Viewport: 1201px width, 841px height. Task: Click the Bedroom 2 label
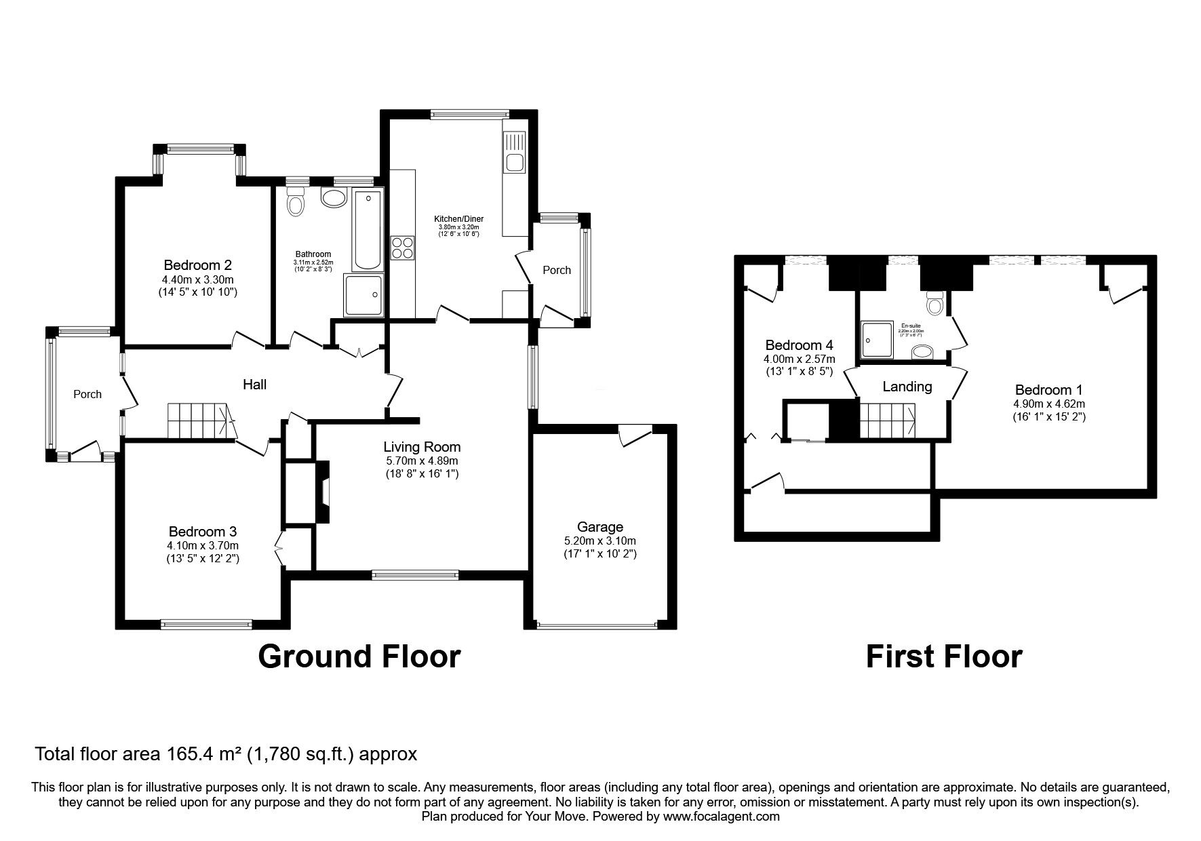[202, 265]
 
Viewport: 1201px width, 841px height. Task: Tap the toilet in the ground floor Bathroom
[295, 201]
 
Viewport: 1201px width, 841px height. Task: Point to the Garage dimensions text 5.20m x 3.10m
[599, 541]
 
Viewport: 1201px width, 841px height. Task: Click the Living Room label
[421, 447]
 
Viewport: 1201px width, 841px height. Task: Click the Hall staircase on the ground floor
[199, 420]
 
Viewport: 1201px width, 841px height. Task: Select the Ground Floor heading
[359, 657]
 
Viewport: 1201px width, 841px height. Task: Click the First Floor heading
[943, 657]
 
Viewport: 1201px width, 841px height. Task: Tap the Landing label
[907, 387]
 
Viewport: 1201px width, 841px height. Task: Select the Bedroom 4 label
[798, 345]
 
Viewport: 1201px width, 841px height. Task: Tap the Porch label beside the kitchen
[557, 270]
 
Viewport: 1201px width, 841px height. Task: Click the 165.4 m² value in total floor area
[206, 754]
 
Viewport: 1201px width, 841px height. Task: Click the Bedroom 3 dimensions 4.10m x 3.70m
[202, 545]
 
